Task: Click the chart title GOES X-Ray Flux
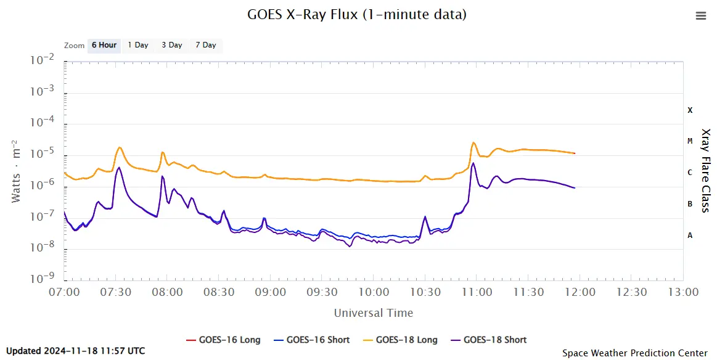pos(357,14)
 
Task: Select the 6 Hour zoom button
pos(104,45)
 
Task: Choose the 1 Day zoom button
pos(138,45)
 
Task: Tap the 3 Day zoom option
pos(172,45)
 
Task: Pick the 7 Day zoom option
pos(206,45)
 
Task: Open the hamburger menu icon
pos(700,16)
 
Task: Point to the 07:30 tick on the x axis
pos(116,292)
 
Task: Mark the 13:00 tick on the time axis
pos(682,292)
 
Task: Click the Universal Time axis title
pos(374,313)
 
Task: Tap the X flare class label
pos(690,110)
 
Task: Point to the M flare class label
pos(690,141)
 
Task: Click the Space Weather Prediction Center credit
pos(634,353)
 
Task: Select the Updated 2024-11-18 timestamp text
pos(76,351)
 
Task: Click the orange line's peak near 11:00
pos(473,143)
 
